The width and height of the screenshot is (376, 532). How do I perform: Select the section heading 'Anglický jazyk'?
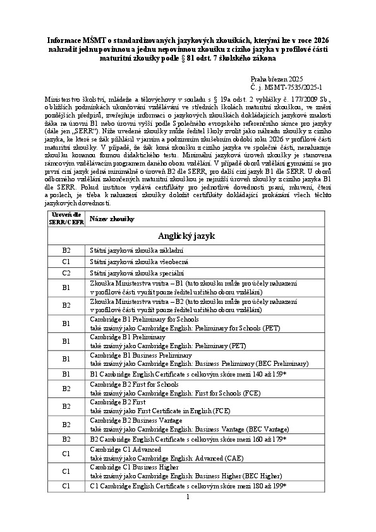tap(188, 236)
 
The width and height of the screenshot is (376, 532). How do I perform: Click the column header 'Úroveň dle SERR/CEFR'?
tap(66, 218)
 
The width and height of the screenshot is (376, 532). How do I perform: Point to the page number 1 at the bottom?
tap(188, 497)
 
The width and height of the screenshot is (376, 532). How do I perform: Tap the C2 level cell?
tap(66, 274)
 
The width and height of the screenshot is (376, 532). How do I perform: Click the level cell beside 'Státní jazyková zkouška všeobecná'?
tap(66, 262)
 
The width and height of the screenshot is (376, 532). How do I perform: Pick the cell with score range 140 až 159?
tap(188, 374)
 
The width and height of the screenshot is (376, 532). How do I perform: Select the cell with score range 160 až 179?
tap(188, 438)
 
